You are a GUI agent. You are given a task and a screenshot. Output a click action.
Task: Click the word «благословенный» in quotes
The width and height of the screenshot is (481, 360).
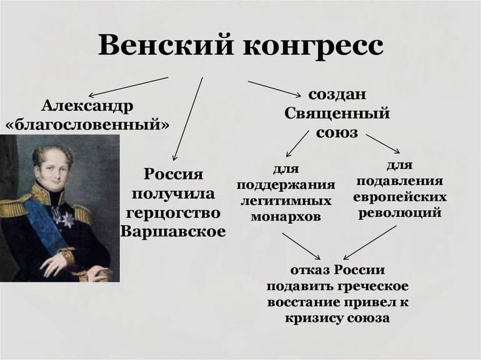pyautogui.click(x=87, y=123)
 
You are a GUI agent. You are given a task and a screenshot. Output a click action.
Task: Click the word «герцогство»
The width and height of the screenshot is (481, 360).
pyautogui.click(x=173, y=212)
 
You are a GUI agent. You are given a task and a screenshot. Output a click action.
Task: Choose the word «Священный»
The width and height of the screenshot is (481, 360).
pyautogui.click(x=337, y=114)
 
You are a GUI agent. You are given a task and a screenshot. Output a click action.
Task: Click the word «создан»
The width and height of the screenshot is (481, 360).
pyautogui.click(x=337, y=95)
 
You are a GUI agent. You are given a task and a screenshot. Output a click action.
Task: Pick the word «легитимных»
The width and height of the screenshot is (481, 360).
pyautogui.click(x=286, y=201)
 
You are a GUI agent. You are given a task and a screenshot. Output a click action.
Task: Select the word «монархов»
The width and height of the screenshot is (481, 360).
pyautogui.click(x=286, y=217)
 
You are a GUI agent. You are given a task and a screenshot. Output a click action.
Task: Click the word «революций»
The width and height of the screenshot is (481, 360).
pyautogui.click(x=400, y=212)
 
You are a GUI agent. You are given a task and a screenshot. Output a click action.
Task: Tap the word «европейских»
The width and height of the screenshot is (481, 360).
pyautogui.click(x=400, y=197)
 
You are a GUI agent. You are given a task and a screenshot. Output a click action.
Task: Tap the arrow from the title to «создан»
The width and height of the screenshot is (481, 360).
pyautogui.click(x=274, y=89)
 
